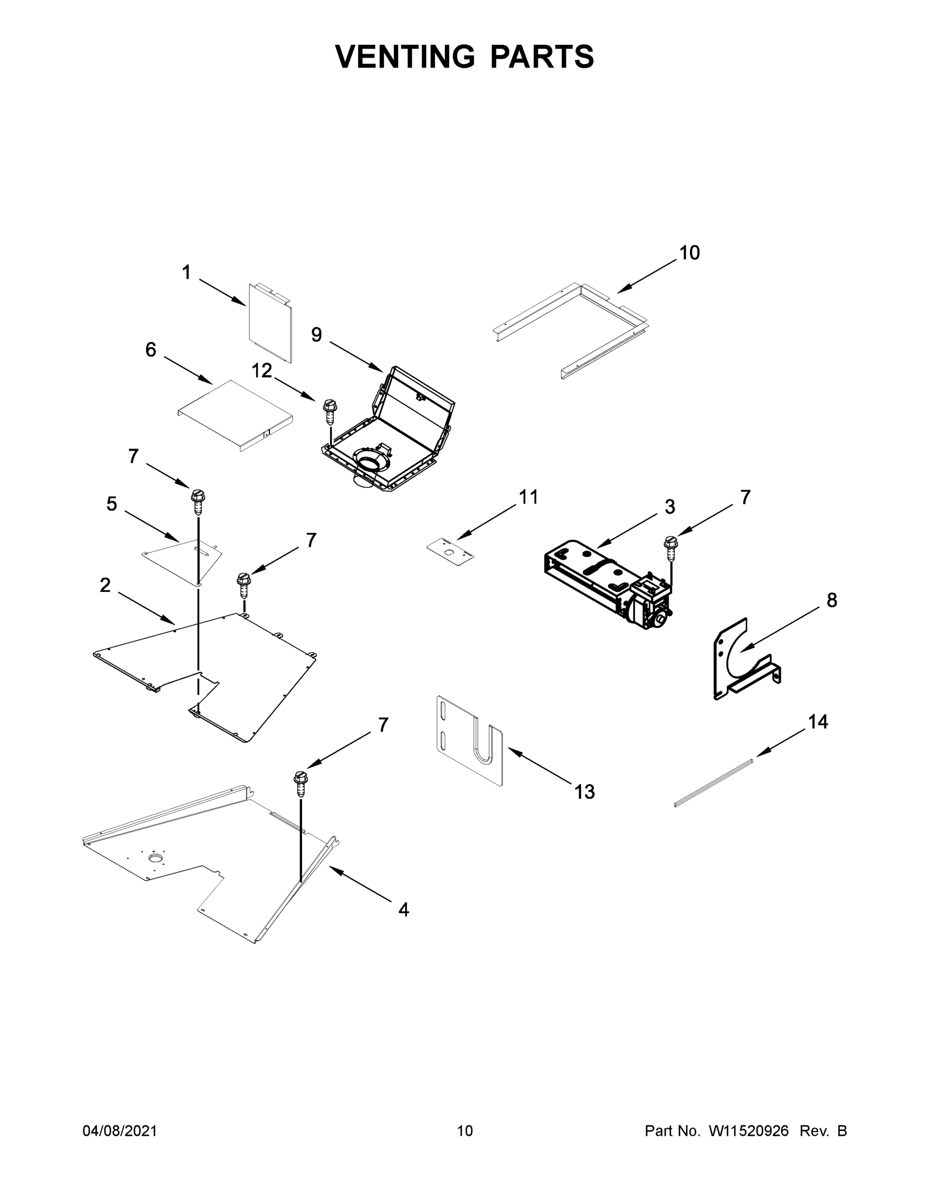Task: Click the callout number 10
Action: [x=689, y=253]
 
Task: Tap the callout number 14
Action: [x=818, y=722]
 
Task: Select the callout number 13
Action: [x=584, y=792]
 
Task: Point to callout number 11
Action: [x=528, y=497]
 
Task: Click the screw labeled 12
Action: [x=329, y=411]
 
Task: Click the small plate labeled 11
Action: [x=450, y=552]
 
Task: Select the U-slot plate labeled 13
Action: [x=469, y=741]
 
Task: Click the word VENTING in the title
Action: [x=405, y=57]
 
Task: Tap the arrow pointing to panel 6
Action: [x=188, y=370]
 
